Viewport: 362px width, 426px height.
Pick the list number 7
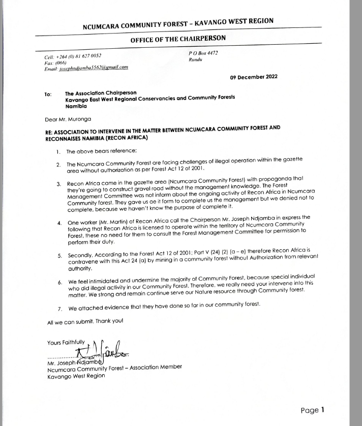(59, 308)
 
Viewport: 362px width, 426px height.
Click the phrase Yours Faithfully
(66, 342)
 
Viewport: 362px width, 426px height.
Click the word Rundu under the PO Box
(196, 59)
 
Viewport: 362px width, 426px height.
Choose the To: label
(48, 94)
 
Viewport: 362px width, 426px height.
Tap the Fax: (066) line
(56, 61)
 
